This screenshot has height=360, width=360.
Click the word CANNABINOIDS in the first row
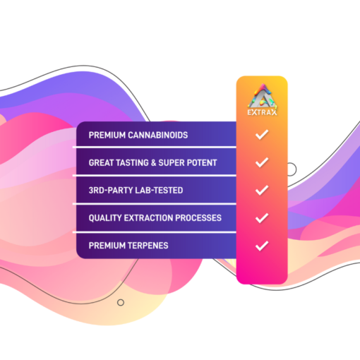[158, 136]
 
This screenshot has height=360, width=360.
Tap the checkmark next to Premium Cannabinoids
[262, 135]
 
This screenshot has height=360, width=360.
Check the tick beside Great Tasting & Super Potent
[262, 162]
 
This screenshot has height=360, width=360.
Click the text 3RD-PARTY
[104, 191]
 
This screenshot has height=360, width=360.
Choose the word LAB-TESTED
[152, 191]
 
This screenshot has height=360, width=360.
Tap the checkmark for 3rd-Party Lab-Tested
[262, 190]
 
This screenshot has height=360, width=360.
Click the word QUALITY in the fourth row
[105, 218]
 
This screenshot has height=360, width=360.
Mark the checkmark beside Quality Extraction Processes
[262, 218]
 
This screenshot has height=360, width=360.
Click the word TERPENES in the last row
[148, 246]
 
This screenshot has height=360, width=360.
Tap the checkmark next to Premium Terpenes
[262, 246]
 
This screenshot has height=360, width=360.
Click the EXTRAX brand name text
[262, 112]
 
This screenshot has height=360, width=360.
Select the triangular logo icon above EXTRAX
[262, 96]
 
